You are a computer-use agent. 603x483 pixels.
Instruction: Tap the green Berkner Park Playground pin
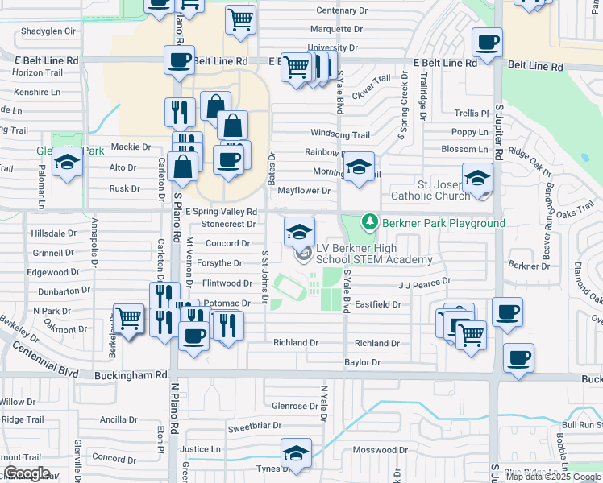[x=369, y=221]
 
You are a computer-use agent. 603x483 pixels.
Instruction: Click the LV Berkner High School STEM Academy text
[x=373, y=254]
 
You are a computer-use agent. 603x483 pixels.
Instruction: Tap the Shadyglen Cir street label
[x=48, y=31]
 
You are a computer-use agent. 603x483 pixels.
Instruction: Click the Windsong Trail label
[x=340, y=134]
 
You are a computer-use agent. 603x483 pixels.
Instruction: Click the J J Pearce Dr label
[x=423, y=283]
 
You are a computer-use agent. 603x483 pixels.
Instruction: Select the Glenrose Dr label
[x=296, y=406]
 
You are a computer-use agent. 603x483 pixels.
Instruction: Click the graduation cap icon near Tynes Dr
[x=296, y=453]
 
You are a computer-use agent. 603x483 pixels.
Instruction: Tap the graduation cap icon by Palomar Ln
[x=68, y=163]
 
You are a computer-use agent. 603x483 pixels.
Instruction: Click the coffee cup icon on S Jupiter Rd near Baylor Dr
[x=518, y=357]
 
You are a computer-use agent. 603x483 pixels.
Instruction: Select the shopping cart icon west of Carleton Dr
[x=128, y=319]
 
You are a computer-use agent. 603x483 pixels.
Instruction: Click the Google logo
[x=27, y=473]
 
